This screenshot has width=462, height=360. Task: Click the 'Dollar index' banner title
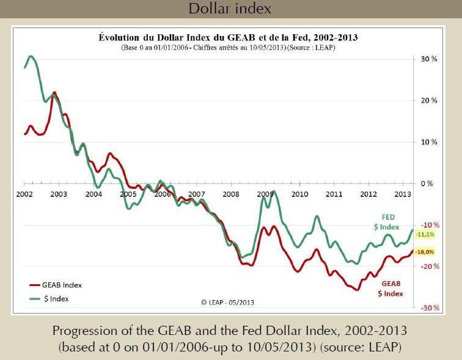click(x=230, y=9)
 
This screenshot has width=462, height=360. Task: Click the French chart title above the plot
click(x=228, y=37)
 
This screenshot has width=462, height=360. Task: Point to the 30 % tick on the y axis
click(x=429, y=59)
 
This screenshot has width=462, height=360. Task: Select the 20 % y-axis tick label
click(x=429, y=101)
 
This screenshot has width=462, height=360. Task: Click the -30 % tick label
click(x=429, y=307)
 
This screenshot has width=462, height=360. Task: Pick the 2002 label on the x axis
click(x=24, y=194)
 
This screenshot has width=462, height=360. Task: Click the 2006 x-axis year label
click(x=162, y=194)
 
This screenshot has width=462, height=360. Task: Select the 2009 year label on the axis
click(x=265, y=194)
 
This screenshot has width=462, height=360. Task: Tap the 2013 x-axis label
click(x=402, y=194)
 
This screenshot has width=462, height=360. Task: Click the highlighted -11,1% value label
click(x=425, y=234)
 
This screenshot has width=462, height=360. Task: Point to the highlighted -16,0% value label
click(x=425, y=252)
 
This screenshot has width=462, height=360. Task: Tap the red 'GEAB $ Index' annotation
click(x=390, y=288)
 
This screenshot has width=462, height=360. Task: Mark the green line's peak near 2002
click(x=31, y=57)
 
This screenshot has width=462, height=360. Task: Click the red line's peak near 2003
click(x=54, y=92)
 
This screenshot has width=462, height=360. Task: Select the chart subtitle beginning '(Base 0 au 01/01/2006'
click(x=228, y=48)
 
